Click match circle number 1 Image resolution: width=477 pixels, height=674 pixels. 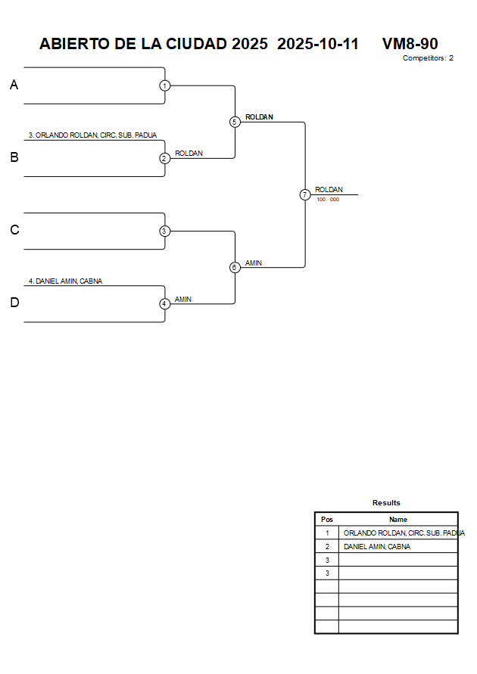(164, 85)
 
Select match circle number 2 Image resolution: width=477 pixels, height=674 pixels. (164, 158)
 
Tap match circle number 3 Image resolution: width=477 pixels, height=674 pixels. (164, 231)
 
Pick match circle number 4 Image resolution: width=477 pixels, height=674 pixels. (164, 303)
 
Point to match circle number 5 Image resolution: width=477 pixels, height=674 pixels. (235, 122)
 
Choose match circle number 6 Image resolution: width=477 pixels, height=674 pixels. (235, 267)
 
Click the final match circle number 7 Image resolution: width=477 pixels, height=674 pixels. (304, 194)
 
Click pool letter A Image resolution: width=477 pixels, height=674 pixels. (14, 85)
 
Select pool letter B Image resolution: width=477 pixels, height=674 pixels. (14, 158)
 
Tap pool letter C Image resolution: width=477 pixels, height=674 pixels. (14, 231)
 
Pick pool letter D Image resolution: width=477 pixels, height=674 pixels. (14, 303)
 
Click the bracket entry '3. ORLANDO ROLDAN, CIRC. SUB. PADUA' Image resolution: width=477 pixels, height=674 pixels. (92, 135)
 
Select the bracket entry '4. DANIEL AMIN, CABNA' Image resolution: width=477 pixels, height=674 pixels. (65, 281)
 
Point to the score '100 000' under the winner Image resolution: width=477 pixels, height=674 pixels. (328, 200)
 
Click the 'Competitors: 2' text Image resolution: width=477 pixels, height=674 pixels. (428, 58)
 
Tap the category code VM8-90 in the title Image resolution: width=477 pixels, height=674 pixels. (410, 44)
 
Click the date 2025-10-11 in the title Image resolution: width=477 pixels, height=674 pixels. (318, 44)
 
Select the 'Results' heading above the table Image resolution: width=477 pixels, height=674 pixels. (386, 502)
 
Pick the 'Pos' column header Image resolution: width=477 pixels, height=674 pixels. (327, 520)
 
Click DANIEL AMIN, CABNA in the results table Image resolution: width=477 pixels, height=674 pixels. (377, 546)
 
